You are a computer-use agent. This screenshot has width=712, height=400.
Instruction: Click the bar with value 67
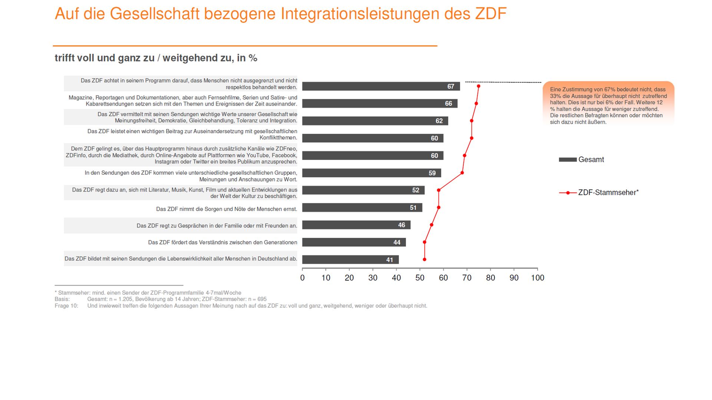381,86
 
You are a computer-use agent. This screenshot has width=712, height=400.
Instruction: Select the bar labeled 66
380,104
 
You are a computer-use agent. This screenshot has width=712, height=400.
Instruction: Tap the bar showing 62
375,121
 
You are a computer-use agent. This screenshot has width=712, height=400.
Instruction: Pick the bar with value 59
371,173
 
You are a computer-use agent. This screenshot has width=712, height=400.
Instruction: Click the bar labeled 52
363,190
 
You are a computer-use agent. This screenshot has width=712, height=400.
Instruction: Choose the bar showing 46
356,225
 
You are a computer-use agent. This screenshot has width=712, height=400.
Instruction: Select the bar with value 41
350,260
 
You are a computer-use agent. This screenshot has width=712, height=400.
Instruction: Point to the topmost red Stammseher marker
478,86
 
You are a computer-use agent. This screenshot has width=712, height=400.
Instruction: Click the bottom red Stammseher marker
425,260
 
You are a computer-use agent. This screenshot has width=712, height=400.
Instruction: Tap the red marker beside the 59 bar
462,173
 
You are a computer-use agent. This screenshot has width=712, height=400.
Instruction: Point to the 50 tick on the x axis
420,278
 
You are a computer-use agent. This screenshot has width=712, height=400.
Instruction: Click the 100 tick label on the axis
537,278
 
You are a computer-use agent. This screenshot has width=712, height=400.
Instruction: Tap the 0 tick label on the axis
303,278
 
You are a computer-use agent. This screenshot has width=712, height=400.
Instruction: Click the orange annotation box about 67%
608,106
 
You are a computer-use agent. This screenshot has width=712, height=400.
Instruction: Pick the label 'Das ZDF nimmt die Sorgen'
227,209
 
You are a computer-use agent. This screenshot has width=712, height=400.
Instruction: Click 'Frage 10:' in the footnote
66,306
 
